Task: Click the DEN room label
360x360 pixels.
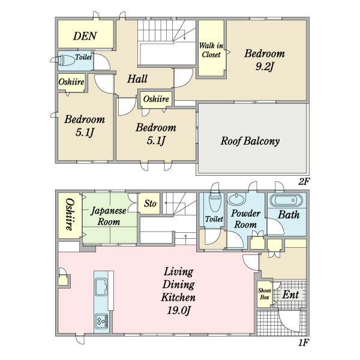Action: tap(85, 36)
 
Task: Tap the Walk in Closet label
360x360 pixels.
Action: tap(211, 50)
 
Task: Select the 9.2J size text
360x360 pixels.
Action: tap(265, 67)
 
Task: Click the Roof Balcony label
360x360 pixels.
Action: tap(250, 141)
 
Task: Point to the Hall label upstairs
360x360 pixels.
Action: tap(137, 79)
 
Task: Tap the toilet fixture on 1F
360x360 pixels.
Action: tap(215, 202)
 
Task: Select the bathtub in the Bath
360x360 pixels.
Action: tap(286, 200)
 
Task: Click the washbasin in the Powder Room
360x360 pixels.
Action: tap(236, 199)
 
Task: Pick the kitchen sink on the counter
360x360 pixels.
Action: tap(101, 287)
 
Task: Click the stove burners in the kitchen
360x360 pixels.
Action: tap(101, 320)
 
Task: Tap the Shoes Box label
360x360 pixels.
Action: tap(265, 294)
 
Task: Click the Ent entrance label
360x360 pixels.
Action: tap(290, 295)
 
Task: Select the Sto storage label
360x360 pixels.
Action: tap(150, 203)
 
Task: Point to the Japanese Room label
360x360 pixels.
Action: tap(109, 216)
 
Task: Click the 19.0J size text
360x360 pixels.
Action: tap(179, 311)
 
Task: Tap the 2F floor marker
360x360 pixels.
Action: tap(304, 182)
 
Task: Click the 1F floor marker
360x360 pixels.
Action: tap(303, 343)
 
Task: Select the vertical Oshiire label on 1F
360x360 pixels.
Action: tap(70, 214)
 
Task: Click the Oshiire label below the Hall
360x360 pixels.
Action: tap(156, 99)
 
